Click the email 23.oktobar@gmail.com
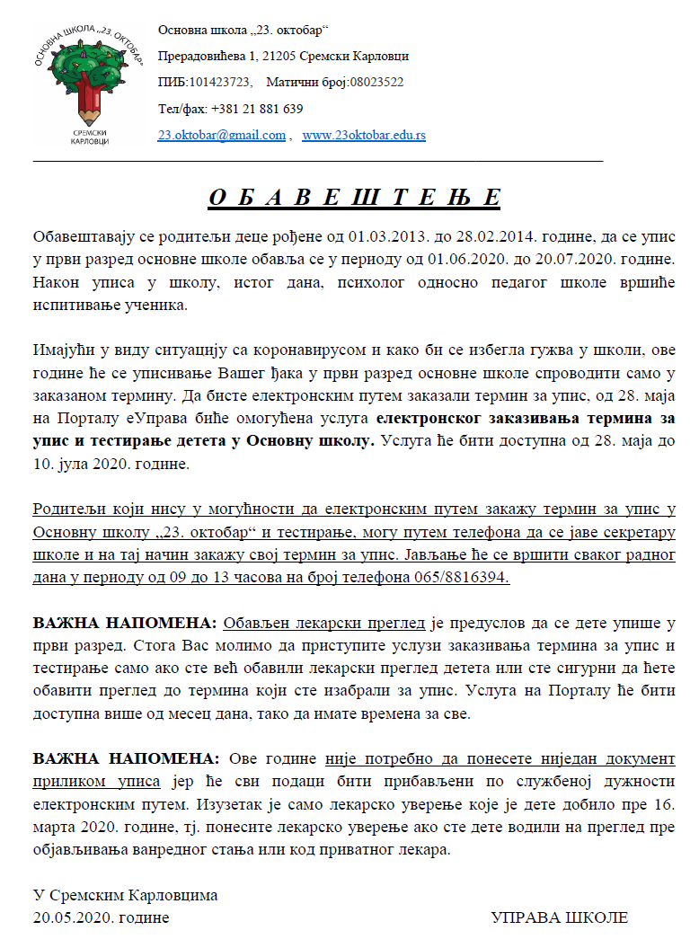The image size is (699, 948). (x=222, y=135)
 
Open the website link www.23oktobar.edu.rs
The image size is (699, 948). (x=364, y=135)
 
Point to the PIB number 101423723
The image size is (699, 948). (x=219, y=82)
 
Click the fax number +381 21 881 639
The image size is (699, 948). (x=256, y=109)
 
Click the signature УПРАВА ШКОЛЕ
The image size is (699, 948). (x=559, y=917)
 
